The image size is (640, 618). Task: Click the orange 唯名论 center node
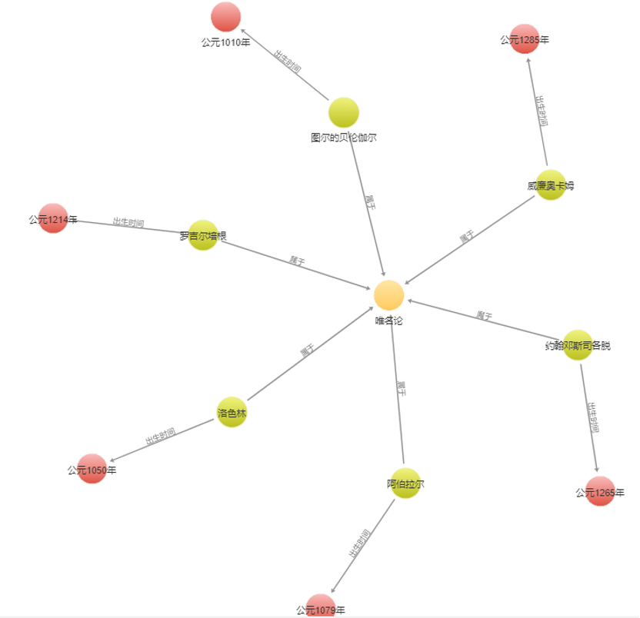[x=389, y=296]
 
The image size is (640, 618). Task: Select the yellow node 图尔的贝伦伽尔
[x=343, y=113]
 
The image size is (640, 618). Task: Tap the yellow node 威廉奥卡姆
[x=551, y=185]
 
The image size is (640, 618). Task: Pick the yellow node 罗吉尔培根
[x=203, y=235]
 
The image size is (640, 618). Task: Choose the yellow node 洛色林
[x=232, y=413]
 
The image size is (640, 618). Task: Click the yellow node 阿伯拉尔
[x=405, y=483]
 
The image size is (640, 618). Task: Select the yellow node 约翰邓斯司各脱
[x=578, y=345]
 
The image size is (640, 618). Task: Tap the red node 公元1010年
[x=225, y=17]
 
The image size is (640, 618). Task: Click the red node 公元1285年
[x=525, y=39]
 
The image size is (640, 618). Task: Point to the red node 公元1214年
[x=53, y=218]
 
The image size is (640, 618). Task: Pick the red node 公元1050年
[x=92, y=469]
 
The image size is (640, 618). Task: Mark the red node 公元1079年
[x=321, y=607]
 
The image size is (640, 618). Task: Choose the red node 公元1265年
[x=600, y=491]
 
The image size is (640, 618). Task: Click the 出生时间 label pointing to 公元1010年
[x=287, y=61]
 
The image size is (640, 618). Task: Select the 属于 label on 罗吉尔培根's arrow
[x=297, y=261]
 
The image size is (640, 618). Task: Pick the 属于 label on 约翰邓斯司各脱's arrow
[x=484, y=315]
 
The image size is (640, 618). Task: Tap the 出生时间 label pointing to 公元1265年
[x=592, y=417]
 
